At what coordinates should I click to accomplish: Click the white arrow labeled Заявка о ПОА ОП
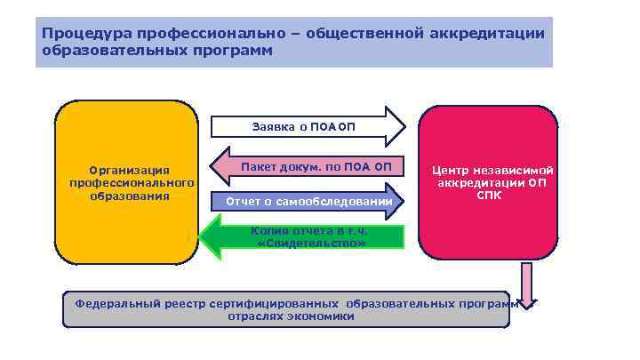(308, 126)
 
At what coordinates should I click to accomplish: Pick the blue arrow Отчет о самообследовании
(308, 202)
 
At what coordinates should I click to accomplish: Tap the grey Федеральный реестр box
(284, 308)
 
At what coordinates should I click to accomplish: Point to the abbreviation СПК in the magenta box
(493, 195)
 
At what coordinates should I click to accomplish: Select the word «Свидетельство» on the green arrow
(310, 243)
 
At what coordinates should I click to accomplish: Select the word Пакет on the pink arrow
(257, 166)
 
